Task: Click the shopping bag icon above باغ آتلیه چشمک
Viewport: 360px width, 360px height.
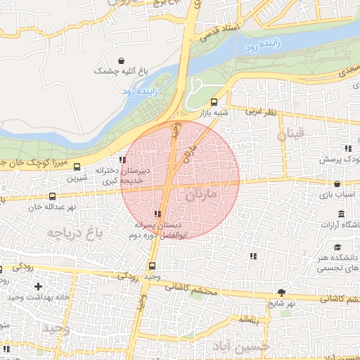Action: (123, 60)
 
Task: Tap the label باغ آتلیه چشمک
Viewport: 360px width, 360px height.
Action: (123, 72)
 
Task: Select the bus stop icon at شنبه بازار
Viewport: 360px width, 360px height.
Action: (214, 102)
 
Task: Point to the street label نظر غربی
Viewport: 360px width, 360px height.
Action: (261, 112)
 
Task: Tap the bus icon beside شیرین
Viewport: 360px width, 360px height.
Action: (77, 167)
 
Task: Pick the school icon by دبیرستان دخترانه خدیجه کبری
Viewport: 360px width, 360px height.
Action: (123, 160)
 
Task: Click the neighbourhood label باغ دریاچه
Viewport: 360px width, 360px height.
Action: (76, 232)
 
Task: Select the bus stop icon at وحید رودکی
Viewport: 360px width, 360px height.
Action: (153, 265)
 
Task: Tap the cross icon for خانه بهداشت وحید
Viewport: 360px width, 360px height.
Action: (38, 286)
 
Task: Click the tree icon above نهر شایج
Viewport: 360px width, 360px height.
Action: (282, 292)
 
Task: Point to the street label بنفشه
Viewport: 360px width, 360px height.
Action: (250, 320)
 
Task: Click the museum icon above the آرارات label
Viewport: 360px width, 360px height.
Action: (341, 213)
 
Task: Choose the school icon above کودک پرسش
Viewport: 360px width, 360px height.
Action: (347, 148)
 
